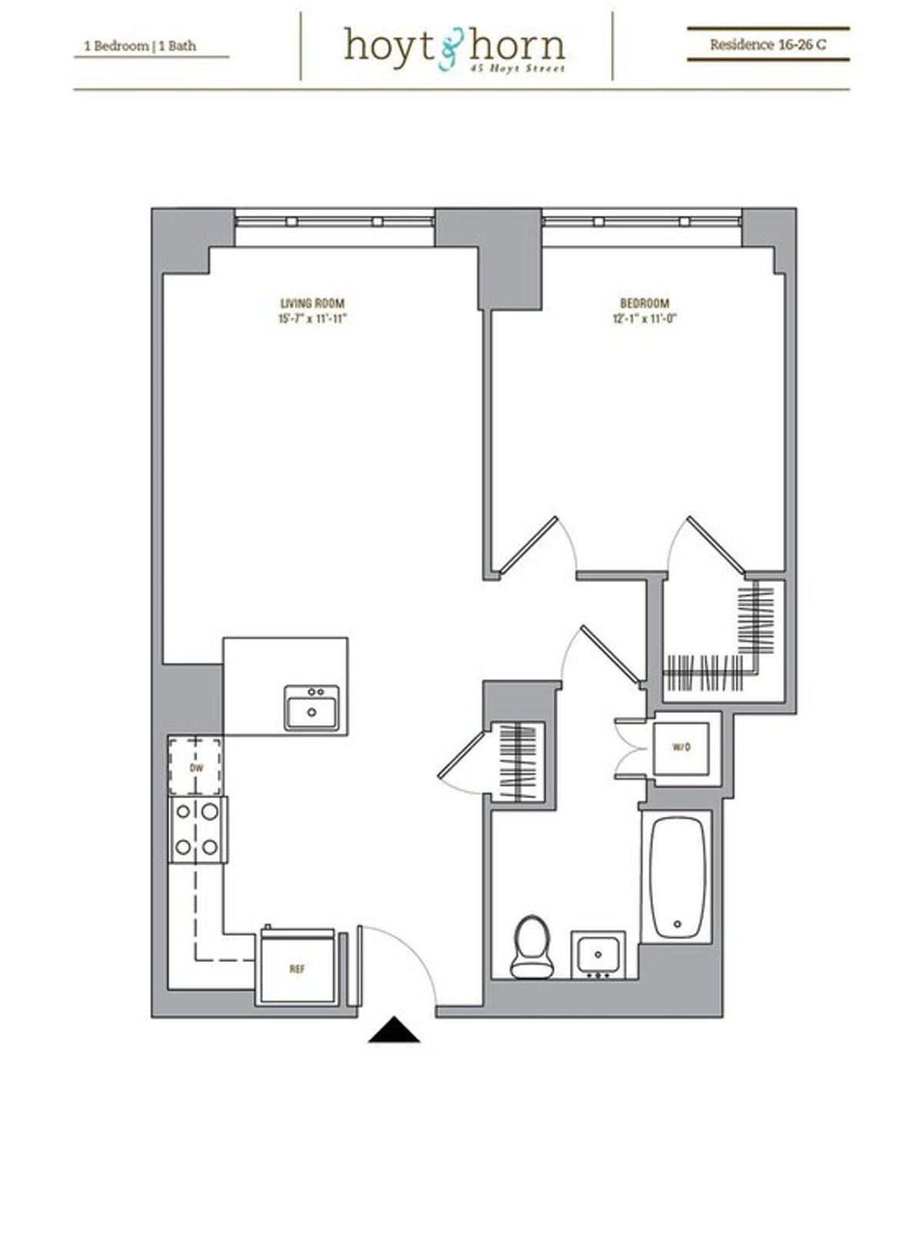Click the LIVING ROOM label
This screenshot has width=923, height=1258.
[312, 304]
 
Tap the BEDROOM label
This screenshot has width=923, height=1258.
[645, 304]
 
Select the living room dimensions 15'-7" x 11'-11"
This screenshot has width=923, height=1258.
[313, 319]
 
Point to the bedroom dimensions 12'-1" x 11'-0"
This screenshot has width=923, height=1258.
[644, 319]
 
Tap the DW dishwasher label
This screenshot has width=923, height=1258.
[196, 768]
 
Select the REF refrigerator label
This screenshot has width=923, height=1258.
[297, 969]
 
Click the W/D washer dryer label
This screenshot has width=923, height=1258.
[681, 747]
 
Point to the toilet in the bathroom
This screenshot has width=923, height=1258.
[532, 947]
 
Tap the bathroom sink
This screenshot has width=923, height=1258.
[598, 955]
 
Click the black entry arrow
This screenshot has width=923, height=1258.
[394, 1030]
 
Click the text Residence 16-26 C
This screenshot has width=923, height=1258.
[768, 45]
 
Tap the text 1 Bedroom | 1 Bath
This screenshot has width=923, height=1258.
[141, 46]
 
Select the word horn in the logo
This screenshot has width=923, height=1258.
[517, 45]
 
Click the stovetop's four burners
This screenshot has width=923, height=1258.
[197, 829]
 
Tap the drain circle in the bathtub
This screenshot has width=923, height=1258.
[677, 924]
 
